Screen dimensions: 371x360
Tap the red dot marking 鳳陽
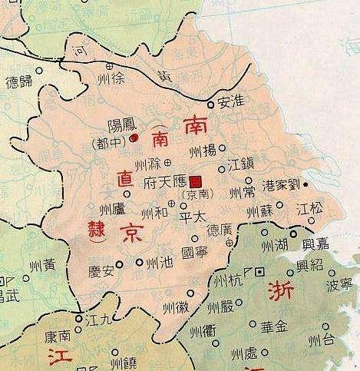click(x=134, y=138)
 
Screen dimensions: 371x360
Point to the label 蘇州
click(x=259, y=209)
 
